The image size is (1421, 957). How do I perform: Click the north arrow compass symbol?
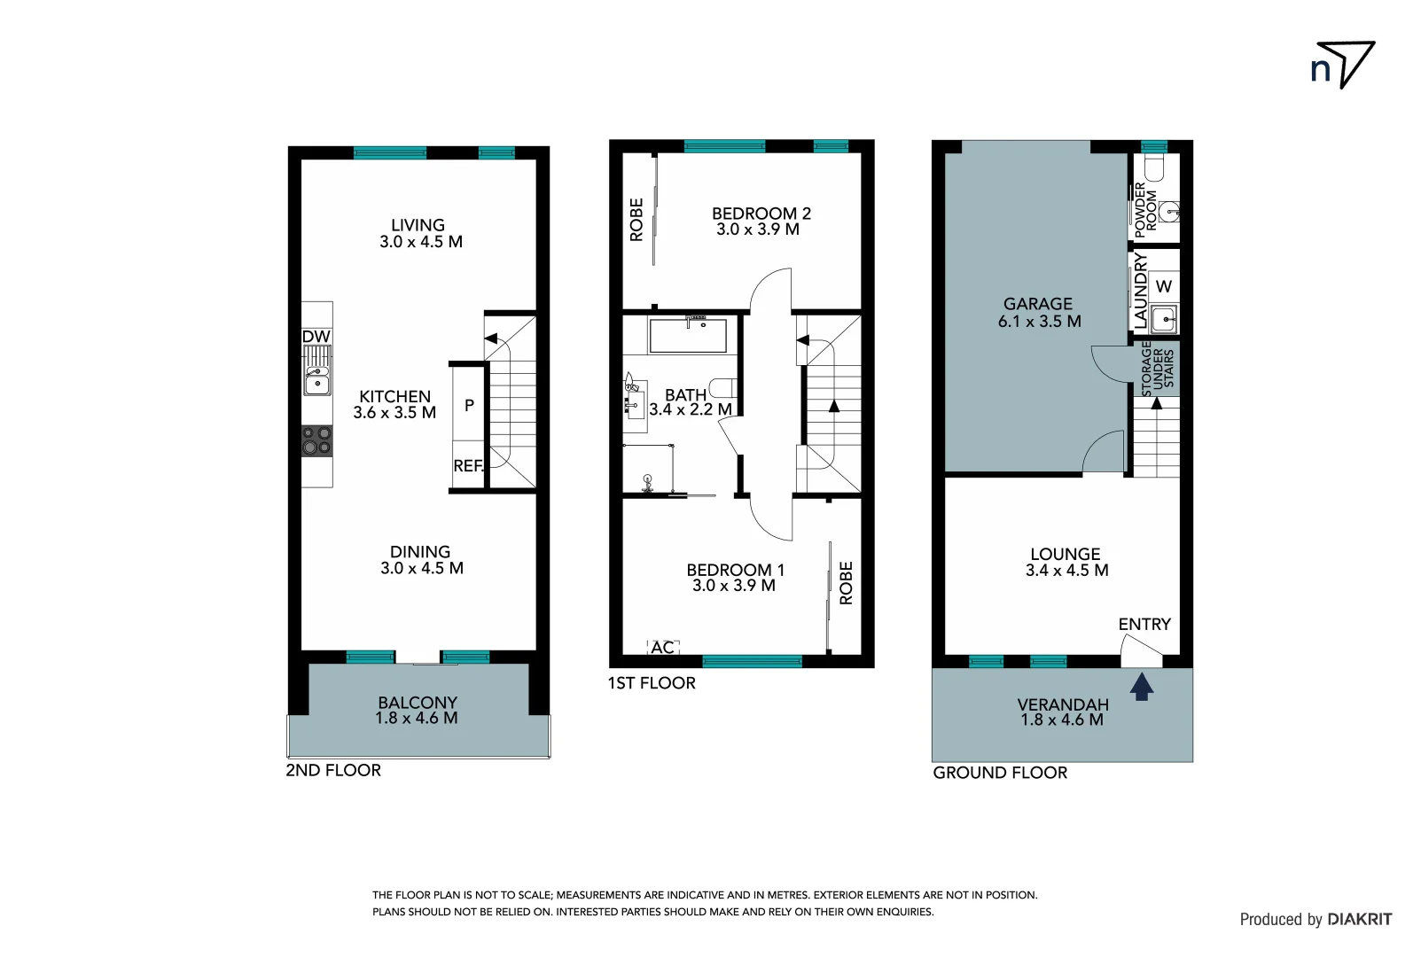[1344, 65]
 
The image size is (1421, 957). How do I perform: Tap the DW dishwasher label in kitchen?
[316, 337]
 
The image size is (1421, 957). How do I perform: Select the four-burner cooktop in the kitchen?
[316, 440]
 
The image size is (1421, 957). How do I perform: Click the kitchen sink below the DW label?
[316, 380]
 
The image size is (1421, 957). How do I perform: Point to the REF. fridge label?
[468, 466]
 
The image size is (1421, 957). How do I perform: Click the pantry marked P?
[469, 405]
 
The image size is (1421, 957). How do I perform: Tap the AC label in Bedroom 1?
[662, 648]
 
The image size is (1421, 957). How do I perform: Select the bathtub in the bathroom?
[688, 336]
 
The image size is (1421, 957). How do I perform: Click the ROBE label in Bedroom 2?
[636, 220]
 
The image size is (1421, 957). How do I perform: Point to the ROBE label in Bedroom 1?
[846, 583]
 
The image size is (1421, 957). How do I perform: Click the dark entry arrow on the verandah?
[1142, 686]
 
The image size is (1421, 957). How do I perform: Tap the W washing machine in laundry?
[1164, 286]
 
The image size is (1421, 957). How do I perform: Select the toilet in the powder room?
[1154, 168]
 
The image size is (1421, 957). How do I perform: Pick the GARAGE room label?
[1038, 304]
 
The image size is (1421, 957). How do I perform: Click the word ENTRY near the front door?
[1144, 625]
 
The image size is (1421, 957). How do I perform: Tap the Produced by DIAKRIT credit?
[1316, 920]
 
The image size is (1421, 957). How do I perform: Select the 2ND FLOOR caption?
[333, 771]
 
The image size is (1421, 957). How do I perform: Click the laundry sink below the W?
[1164, 318]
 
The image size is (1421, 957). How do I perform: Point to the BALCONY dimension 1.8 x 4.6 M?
[417, 719]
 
